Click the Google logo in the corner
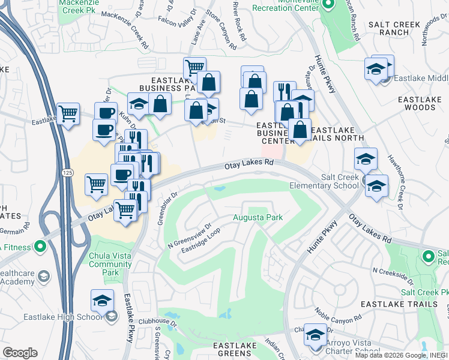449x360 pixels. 20,353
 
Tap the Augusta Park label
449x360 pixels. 258,217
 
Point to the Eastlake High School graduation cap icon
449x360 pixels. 103,301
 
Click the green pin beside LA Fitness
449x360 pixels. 40,246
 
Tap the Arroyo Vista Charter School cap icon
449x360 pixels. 315,335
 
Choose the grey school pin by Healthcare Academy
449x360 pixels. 43,275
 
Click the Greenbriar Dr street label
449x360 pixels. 168,208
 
